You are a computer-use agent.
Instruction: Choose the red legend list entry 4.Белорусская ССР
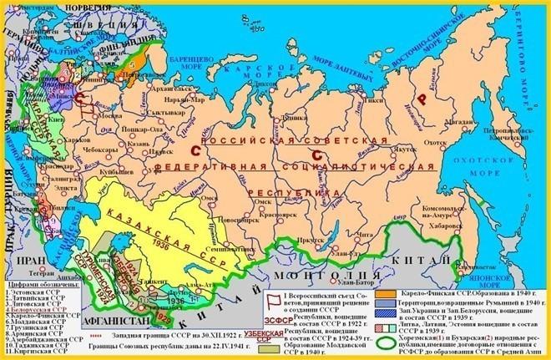pyautogui.click(x=38, y=308)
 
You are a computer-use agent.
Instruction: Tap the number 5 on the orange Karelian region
pyautogui.click(x=131, y=63)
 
